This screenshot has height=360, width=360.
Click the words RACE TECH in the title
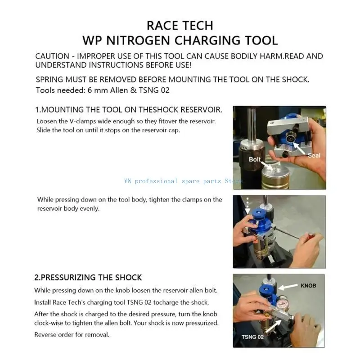(x=180, y=25)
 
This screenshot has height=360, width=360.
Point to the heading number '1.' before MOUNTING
(x=38, y=109)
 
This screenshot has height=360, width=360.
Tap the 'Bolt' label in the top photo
(x=255, y=159)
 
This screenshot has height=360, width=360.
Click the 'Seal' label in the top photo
(x=314, y=155)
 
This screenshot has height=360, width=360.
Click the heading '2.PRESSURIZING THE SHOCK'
(x=88, y=277)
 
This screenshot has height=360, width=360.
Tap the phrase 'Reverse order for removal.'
(x=72, y=335)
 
